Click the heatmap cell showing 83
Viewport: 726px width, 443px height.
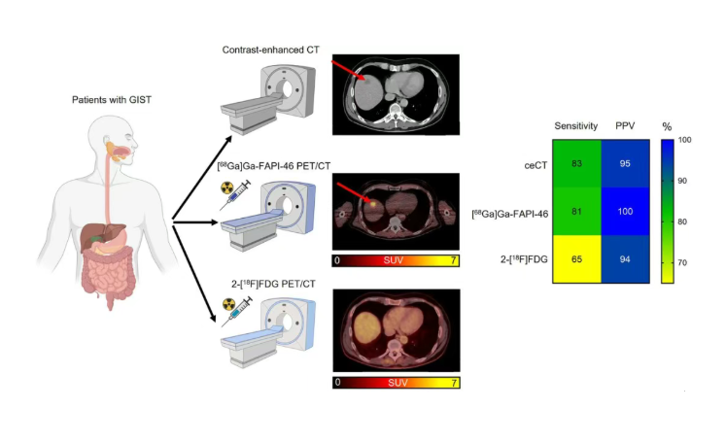576,163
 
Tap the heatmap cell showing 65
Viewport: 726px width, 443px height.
576,258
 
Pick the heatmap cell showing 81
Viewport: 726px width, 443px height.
576,211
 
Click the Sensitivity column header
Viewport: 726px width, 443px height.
576,127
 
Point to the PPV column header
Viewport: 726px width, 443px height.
626,127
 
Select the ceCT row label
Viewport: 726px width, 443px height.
532,163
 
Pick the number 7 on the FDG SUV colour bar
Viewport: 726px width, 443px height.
452,382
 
